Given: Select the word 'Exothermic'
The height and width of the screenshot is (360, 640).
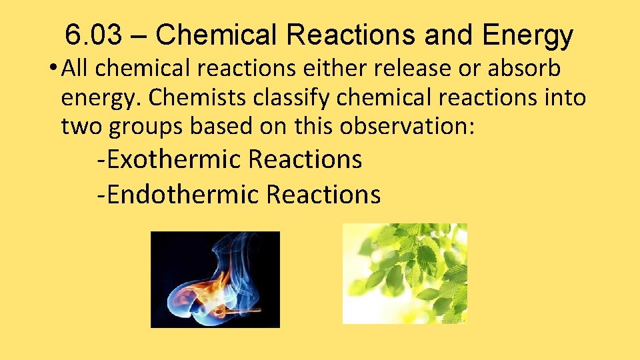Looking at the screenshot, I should pos(174,160).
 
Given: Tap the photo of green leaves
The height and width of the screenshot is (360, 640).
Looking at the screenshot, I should pos(405,273).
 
